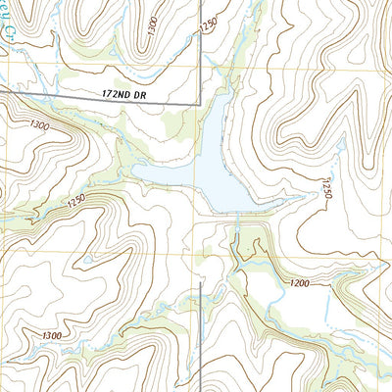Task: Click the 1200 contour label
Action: [x=300, y=283]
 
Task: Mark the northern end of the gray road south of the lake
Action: [x=200, y=283]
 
